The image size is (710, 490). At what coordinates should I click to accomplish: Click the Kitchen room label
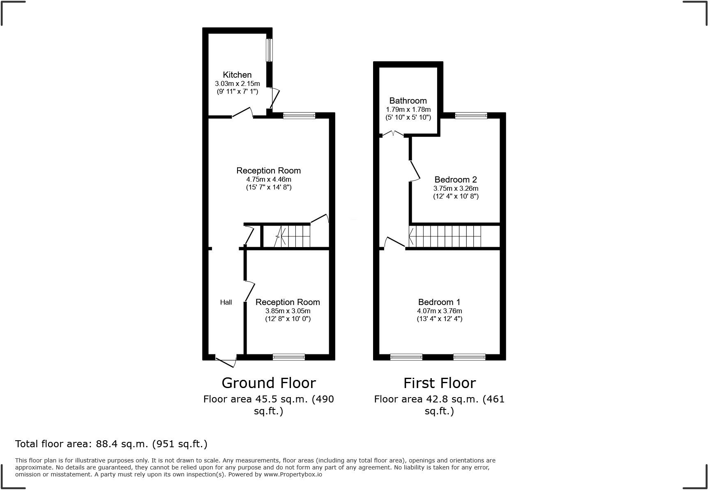237,75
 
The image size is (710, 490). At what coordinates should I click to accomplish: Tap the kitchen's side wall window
269,50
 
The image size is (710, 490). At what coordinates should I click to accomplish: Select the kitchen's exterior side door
274,98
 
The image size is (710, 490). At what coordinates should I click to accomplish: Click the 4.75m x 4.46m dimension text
269,179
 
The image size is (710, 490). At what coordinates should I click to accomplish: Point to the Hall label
226,303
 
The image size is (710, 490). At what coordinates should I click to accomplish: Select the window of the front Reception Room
289,357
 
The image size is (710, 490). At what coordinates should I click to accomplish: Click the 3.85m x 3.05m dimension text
288,311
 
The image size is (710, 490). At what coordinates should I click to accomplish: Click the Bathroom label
408,101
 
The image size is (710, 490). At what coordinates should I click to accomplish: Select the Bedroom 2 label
456,180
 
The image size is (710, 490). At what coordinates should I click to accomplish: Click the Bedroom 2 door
415,171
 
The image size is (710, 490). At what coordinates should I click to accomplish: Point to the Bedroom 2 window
471,116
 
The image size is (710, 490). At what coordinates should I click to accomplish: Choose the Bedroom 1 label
439,302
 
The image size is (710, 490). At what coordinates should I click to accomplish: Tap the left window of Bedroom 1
406,357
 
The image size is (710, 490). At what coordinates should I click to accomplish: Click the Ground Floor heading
269,383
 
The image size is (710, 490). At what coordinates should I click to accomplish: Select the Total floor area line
111,444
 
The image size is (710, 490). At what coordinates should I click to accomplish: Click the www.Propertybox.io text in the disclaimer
293,474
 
